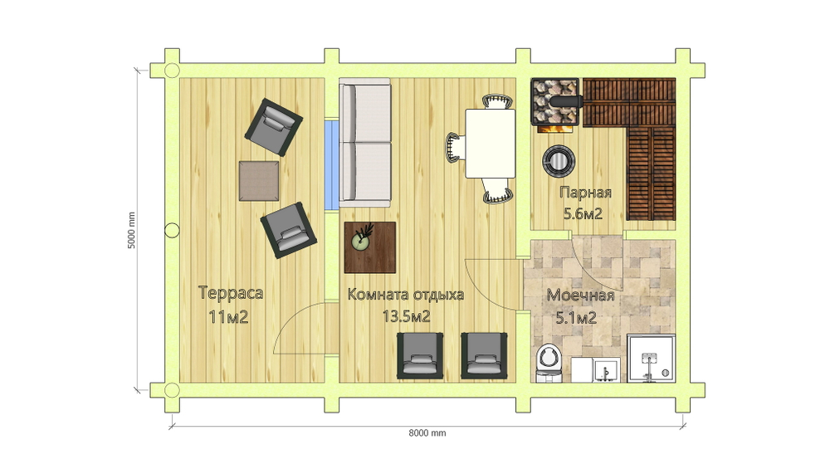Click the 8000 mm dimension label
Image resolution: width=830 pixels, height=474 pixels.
[x=427, y=432]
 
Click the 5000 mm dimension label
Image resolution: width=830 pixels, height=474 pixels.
[x=132, y=231]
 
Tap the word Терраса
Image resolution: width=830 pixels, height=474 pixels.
[x=231, y=293]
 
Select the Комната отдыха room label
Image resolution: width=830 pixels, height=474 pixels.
[x=406, y=295]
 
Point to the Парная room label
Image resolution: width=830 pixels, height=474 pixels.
[x=585, y=193]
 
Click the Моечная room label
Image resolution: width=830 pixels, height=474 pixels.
[x=580, y=296]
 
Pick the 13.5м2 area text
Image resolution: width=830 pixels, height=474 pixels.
[x=406, y=317]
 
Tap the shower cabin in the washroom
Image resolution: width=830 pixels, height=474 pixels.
[x=651, y=359]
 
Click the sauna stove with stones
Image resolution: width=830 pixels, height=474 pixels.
[x=557, y=106]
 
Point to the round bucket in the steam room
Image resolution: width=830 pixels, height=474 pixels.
[x=559, y=160]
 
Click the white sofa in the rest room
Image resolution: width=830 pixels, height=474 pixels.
[x=364, y=143]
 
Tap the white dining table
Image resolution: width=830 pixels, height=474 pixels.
[x=491, y=143]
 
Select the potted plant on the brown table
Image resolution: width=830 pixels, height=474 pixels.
[x=362, y=238]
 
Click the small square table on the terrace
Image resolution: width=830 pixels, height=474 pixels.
[x=259, y=181]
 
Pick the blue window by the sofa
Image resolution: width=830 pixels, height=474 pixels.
[x=331, y=165]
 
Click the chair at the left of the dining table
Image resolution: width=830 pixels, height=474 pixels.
[x=454, y=147]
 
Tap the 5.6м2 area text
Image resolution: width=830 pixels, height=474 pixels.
[x=583, y=214]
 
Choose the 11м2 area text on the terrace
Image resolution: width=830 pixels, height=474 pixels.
[x=229, y=317]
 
